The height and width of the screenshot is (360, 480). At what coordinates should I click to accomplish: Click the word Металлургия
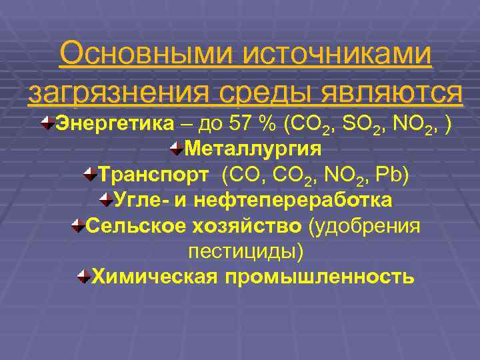point(253,149)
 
